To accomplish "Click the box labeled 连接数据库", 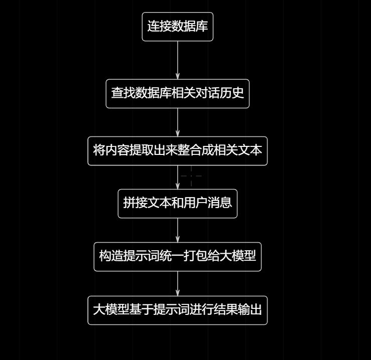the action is (177, 27).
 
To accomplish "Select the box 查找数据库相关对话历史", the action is (177, 93).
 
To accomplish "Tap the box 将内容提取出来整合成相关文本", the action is (177, 150).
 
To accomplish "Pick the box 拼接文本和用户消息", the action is (177, 203).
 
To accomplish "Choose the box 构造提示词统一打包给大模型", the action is (177, 256).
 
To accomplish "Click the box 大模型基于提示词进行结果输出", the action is (177, 310).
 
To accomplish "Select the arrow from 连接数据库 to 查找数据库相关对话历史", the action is (178, 60).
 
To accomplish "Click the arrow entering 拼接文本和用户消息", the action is (178, 178).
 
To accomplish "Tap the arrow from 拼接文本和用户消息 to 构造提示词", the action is (178, 230).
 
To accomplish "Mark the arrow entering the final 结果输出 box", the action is (178, 284).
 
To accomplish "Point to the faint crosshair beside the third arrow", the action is (191, 176).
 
